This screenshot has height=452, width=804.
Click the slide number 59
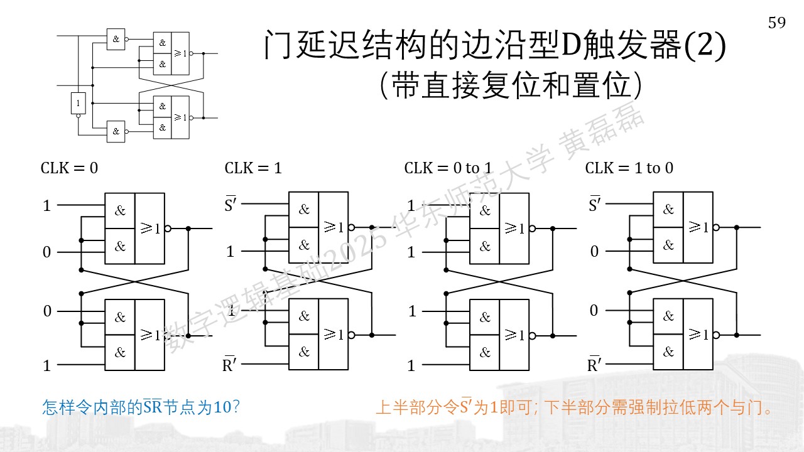[777, 23]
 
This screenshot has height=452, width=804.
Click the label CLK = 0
[69, 168]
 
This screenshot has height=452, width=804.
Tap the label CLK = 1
[253, 168]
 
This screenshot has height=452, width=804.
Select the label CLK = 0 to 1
[448, 168]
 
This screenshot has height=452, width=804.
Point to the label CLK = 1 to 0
[629, 168]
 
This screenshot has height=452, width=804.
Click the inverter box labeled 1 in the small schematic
[79, 104]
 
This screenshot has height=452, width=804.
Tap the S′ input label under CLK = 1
[231, 204]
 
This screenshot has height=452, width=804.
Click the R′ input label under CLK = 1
[230, 364]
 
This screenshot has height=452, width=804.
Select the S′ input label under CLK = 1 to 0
[595, 204]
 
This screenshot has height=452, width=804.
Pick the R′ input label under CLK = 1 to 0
[594, 364]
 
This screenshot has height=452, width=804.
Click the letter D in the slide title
[571, 45]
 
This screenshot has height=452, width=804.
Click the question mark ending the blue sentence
[236, 407]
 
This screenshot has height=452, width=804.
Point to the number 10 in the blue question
[222, 407]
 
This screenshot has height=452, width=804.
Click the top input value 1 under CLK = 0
[46, 205]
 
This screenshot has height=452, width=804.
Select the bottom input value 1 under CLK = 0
[46, 365]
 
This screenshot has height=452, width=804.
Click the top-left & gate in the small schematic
[116, 39]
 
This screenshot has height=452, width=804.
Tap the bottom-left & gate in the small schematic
[116, 132]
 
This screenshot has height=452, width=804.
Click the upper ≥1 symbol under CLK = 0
[150, 228]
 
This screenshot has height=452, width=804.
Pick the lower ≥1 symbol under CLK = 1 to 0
[698, 335]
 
